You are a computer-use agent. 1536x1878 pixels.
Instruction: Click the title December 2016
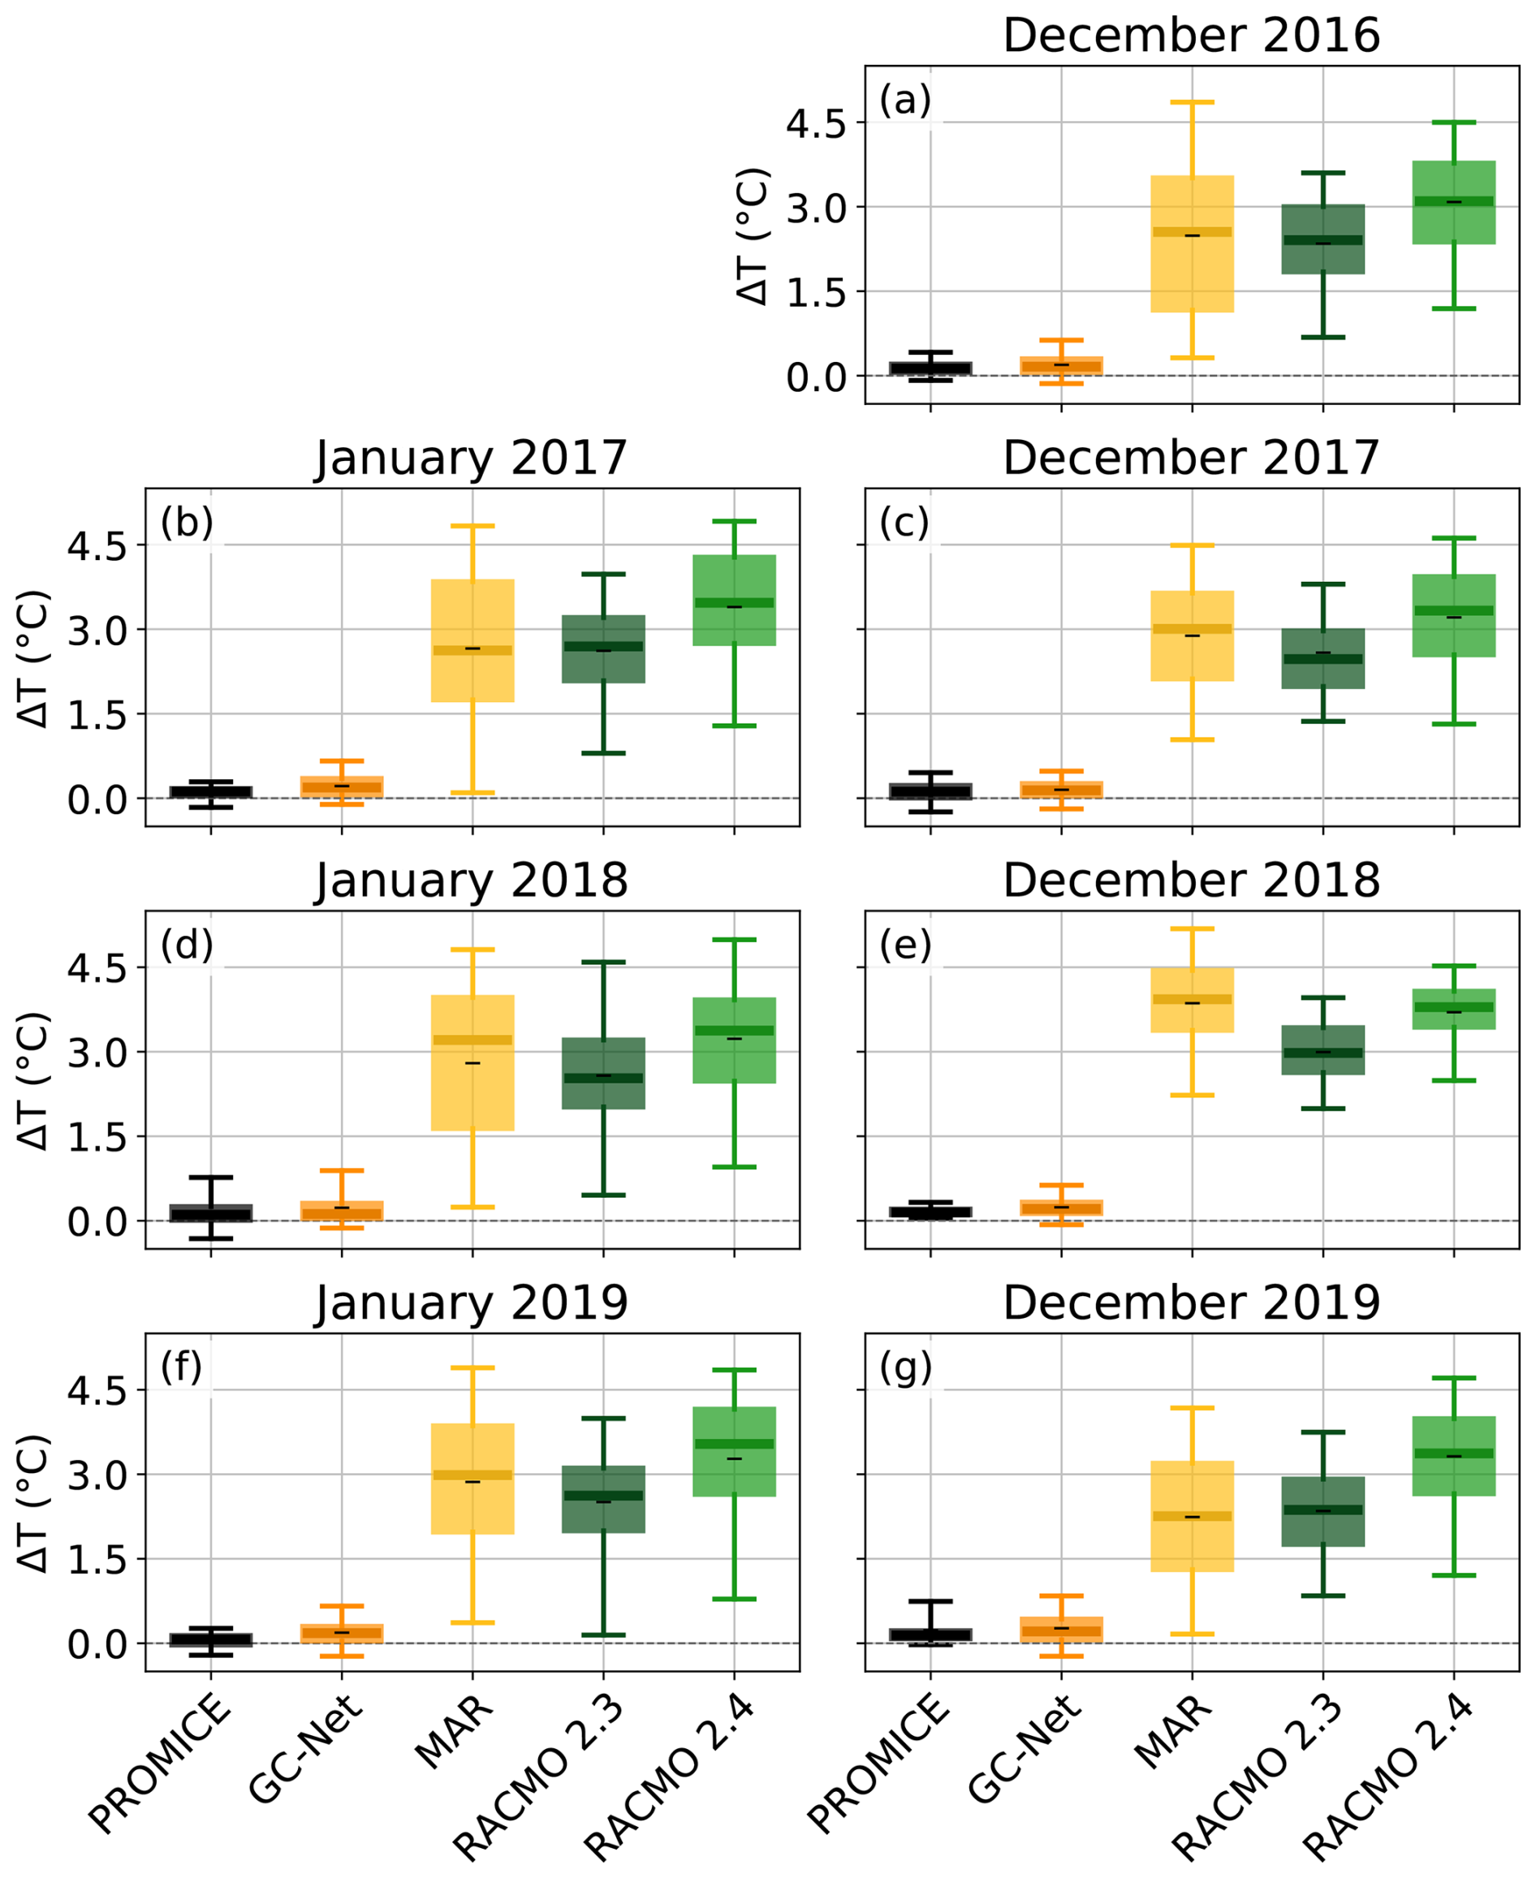[x=1191, y=36]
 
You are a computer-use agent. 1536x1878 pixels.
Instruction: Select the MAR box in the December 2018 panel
[x=1192, y=1000]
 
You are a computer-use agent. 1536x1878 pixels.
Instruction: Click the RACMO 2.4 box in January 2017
[x=733, y=601]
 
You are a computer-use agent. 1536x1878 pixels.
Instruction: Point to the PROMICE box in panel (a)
[x=930, y=368]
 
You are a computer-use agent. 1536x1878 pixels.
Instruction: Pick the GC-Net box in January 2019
[x=342, y=1634]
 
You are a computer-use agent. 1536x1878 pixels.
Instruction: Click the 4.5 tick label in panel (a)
[x=816, y=125]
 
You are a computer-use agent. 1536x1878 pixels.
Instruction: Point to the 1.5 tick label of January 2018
[x=97, y=1138]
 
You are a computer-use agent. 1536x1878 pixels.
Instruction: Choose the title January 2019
[x=472, y=1303]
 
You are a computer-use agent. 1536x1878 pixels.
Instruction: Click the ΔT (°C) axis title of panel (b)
[x=33, y=660]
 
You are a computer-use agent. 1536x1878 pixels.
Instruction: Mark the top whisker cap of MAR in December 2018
[x=1192, y=928]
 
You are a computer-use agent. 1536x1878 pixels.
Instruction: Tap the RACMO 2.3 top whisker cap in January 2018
[x=603, y=962]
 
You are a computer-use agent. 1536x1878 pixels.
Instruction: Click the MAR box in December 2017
[x=1192, y=636]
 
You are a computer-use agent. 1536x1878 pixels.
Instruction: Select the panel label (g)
[x=905, y=1368]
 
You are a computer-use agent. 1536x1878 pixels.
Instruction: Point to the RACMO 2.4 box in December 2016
[x=1454, y=203]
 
